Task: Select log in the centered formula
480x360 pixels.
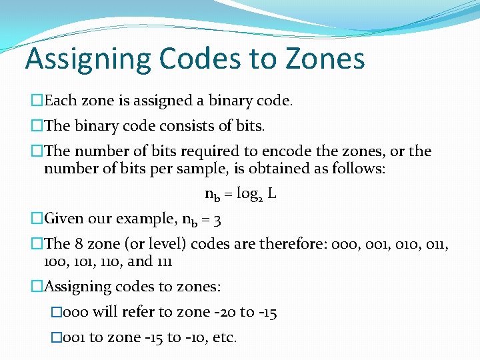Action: pos(248,195)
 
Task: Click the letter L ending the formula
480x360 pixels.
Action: pos(273,194)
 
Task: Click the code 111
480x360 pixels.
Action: pos(163,261)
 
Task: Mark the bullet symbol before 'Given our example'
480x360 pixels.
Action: pos(37,219)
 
